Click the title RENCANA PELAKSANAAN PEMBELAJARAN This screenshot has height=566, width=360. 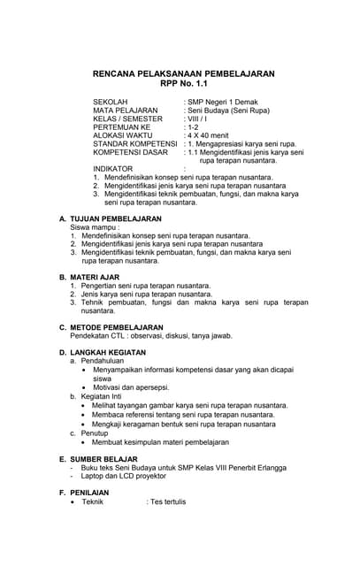point(184,73)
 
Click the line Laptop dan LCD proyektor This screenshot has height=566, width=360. point(130,476)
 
